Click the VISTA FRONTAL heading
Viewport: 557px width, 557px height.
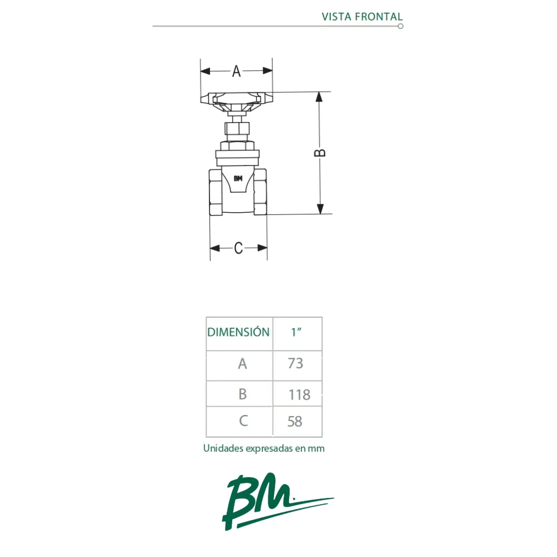tap(362, 17)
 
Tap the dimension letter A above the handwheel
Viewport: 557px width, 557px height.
tap(236, 71)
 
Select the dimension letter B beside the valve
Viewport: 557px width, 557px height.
tap(320, 153)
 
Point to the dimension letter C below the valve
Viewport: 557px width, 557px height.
tap(238, 248)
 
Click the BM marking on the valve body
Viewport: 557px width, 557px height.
tap(238, 178)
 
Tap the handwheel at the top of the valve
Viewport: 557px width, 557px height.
tap(237, 102)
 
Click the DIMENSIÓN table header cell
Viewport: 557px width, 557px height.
tap(240, 334)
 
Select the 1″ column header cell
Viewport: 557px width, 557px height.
tap(297, 334)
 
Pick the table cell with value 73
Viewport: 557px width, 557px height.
tap(297, 365)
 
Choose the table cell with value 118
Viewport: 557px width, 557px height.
tap(297, 394)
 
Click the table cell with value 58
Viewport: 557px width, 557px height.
tap(297, 422)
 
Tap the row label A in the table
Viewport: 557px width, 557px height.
tap(242, 364)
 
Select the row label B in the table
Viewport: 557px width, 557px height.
tap(243, 394)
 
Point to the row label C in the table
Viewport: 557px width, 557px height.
tap(243, 421)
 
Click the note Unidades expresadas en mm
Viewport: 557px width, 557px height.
tap(264, 448)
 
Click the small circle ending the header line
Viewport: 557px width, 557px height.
tap(400, 26)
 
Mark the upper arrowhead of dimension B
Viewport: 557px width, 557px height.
tap(319, 97)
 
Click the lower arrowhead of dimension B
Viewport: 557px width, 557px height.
tap(320, 209)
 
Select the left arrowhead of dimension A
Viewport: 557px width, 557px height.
tap(206, 71)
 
